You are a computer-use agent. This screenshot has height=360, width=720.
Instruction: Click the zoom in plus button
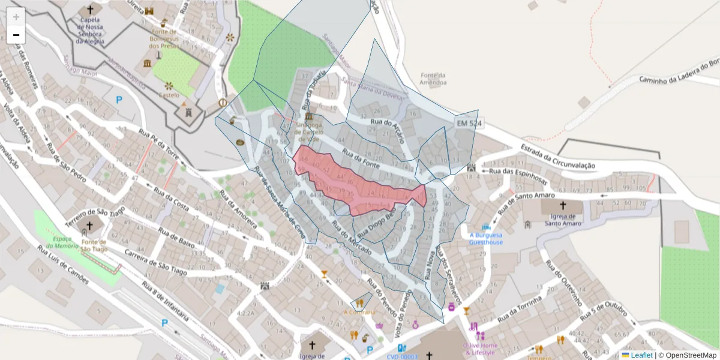tap(16, 17)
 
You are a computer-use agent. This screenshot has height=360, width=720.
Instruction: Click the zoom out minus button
tap(16, 35)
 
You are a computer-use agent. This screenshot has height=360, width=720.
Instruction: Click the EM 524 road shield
tap(469, 124)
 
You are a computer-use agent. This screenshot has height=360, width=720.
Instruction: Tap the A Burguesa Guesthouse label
tap(486, 239)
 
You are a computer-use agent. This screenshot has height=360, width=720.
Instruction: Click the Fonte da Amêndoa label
tap(433, 79)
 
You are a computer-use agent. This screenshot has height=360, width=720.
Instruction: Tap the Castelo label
tap(169, 95)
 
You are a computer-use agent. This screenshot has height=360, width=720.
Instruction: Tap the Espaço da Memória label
tap(62, 242)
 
